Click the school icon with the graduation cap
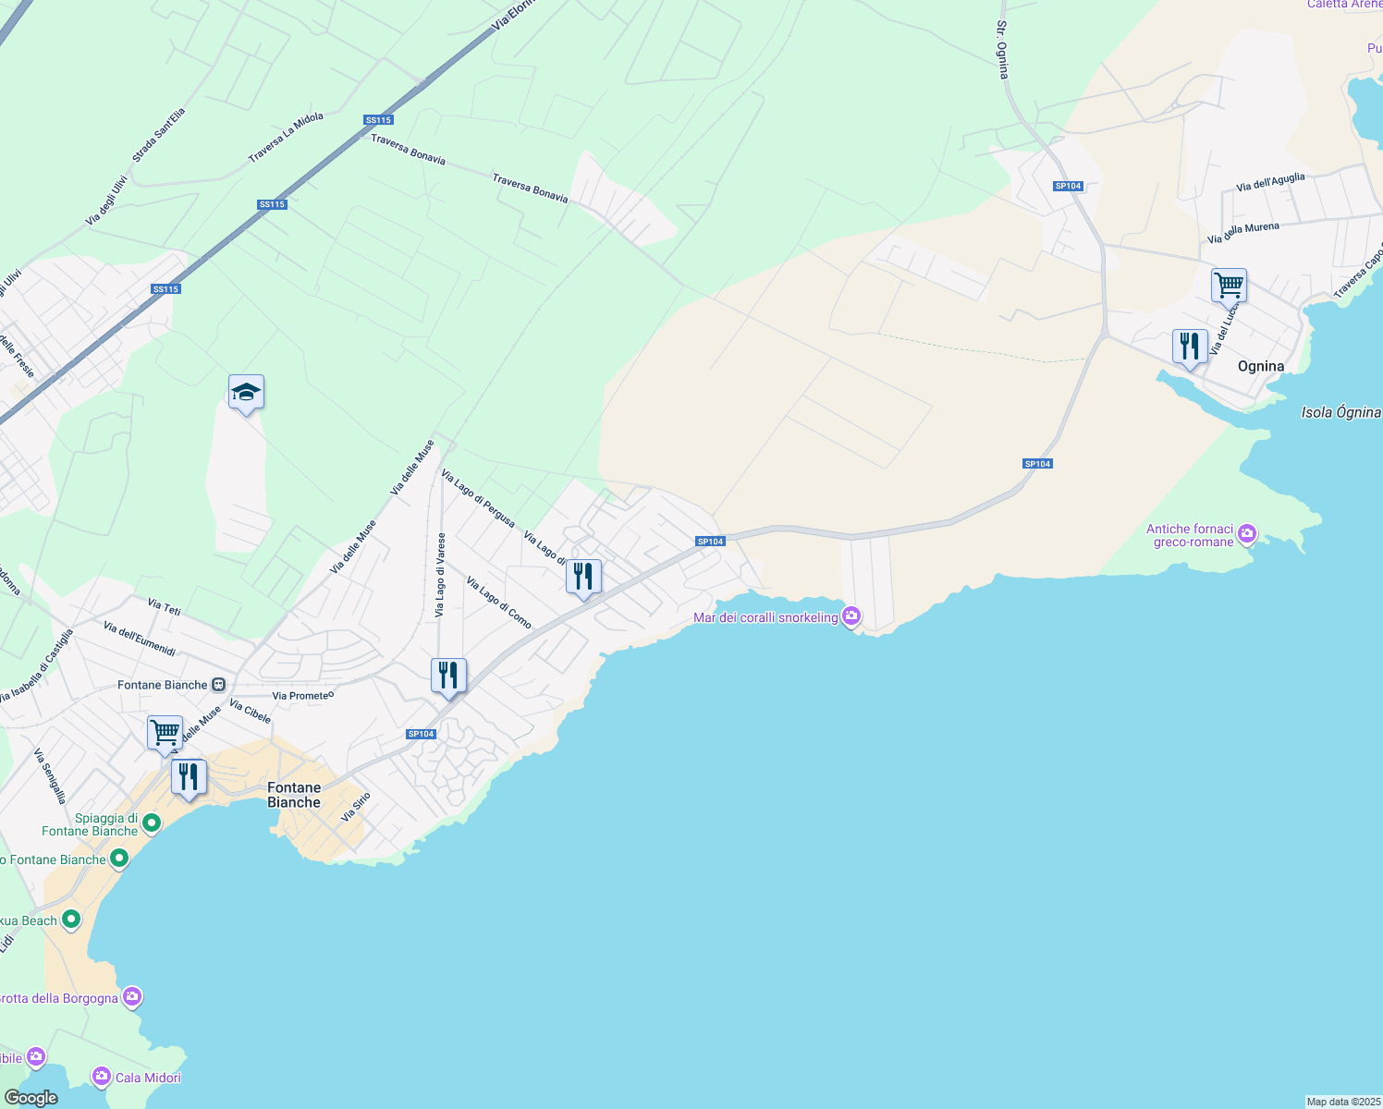click(x=246, y=393)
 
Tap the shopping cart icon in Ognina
click(x=1229, y=286)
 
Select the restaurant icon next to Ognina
click(x=1190, y=347)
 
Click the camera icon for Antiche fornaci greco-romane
click(x=1247, y=533)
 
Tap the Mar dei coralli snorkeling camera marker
click(x=851, y=615)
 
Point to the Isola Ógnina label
click(x=1340, y=412)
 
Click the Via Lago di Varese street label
click(x=440, y=575)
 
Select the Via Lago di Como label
click(x=499, y=603)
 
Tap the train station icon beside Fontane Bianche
click(x=218, y=685)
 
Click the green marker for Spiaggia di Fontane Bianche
click(x=152, y=822)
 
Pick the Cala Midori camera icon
click(x=101, y=1076)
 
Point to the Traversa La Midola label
click(x=286, y=138)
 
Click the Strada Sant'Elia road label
click(x=158, y=135)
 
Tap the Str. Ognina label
click(x=1002, y=50)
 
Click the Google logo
click(x=31, y=1097)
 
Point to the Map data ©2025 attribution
click(x=1342, y=1101)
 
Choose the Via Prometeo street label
click(x=303, y=695)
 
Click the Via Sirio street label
click(x=355, y=807)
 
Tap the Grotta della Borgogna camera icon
click(x=132, y=996)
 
